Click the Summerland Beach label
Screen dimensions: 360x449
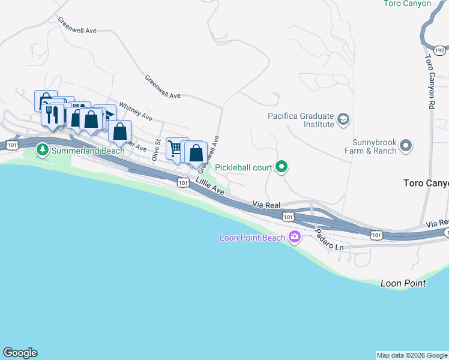click(x=88, y=151)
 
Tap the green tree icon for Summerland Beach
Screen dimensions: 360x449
click(x=42, y=149)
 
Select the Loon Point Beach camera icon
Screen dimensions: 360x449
click(x=295, y=238)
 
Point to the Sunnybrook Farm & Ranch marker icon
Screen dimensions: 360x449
click(x=406, y=146)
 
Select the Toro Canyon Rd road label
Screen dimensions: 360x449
click(x=430, y=82)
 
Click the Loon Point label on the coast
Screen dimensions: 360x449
click(x=403, y=283)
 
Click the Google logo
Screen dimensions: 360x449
click(x=20, y=353)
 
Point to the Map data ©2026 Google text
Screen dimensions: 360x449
click(x=411, y=355)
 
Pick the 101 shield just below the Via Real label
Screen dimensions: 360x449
click(x=289, y=217)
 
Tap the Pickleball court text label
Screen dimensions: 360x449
click(x=244, y=168)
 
